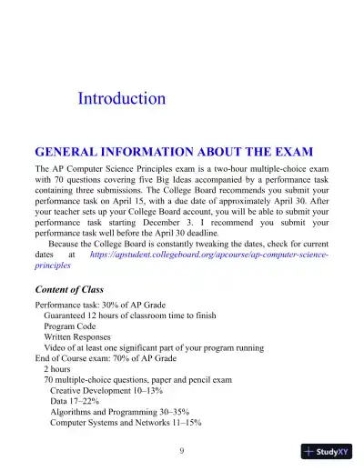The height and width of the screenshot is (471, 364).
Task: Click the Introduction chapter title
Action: pos(122,98)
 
